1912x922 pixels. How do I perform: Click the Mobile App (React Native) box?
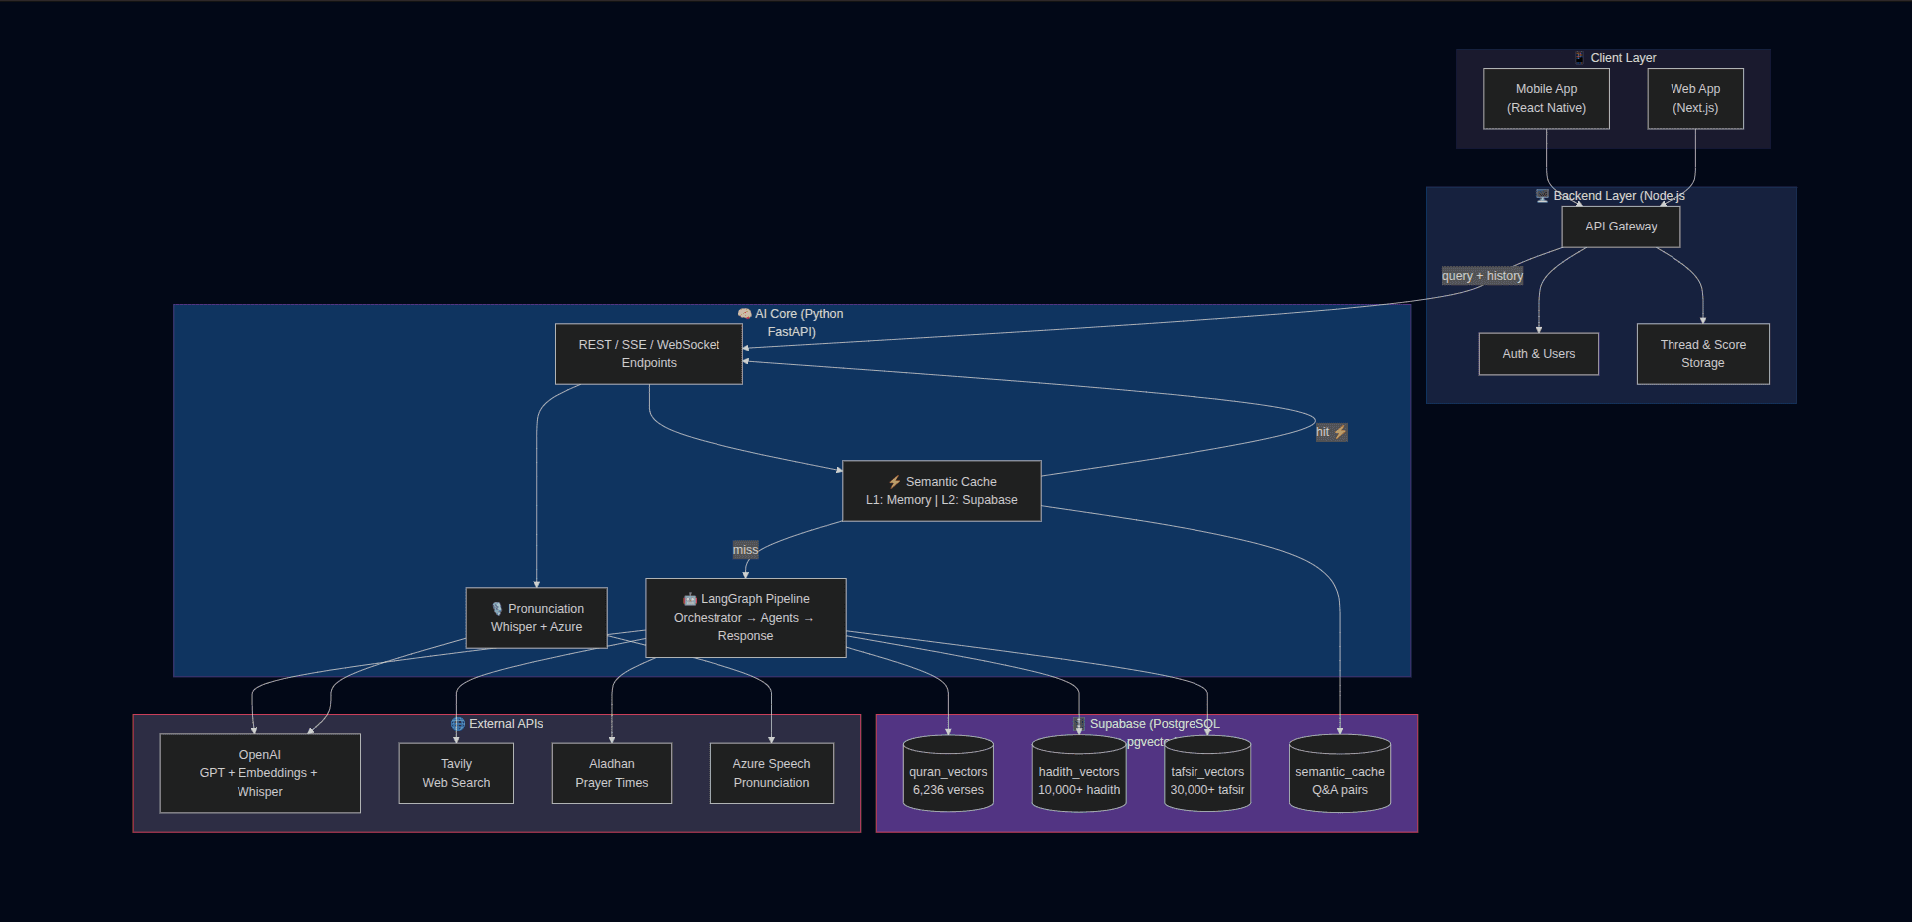coord(1546,98)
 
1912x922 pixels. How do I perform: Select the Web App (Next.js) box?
coord(1695,98)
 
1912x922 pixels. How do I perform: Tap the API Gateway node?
coord(1621,227)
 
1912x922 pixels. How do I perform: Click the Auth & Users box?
coord(1538,354)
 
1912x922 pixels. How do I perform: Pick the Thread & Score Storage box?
coord(1702,354)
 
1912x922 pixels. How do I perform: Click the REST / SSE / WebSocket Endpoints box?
coord(649,354)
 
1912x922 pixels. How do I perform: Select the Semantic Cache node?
coord(941,491)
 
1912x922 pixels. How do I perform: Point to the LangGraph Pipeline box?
coord(745,617)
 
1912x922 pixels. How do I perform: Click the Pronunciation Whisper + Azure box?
coord(536,618)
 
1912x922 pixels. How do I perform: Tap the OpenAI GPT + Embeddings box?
coord(259,773)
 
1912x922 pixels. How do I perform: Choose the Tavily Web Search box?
coord(456,773)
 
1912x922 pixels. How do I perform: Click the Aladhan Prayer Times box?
coord(611,773)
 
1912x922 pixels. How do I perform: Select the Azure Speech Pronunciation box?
coord(771,773)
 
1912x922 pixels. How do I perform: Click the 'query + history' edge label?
coord(1482,276)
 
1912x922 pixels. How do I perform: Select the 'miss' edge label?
coord(745,550)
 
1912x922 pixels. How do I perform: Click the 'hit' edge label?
coord(1331,432)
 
